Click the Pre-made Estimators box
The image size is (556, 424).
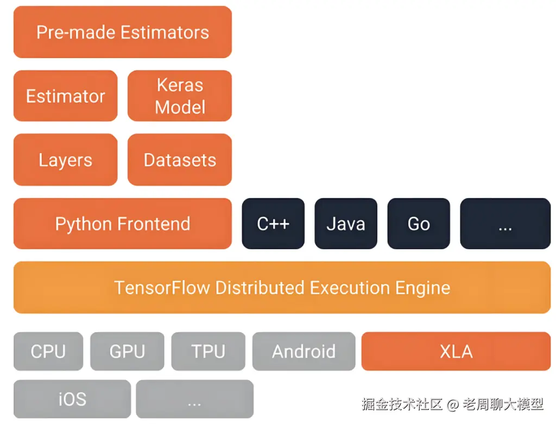123,32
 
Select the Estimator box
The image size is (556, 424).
66,96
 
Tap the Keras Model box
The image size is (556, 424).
180,96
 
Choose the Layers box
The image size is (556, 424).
66,160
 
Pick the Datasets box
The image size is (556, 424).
180,160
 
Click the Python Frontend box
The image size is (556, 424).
123,223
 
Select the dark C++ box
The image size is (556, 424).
273,223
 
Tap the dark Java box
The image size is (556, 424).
346,223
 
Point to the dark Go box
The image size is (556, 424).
419,223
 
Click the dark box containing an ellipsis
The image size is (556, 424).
506,223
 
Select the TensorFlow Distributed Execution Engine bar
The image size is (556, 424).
282,287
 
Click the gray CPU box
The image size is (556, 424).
48,351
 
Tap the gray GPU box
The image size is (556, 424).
127,351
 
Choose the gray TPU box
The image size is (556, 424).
208,351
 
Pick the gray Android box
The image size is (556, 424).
304,351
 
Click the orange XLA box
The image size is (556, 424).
456,351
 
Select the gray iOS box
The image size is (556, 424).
72,399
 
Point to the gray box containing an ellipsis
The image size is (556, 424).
195,399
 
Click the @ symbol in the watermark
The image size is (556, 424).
453,404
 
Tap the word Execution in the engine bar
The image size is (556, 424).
350,288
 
